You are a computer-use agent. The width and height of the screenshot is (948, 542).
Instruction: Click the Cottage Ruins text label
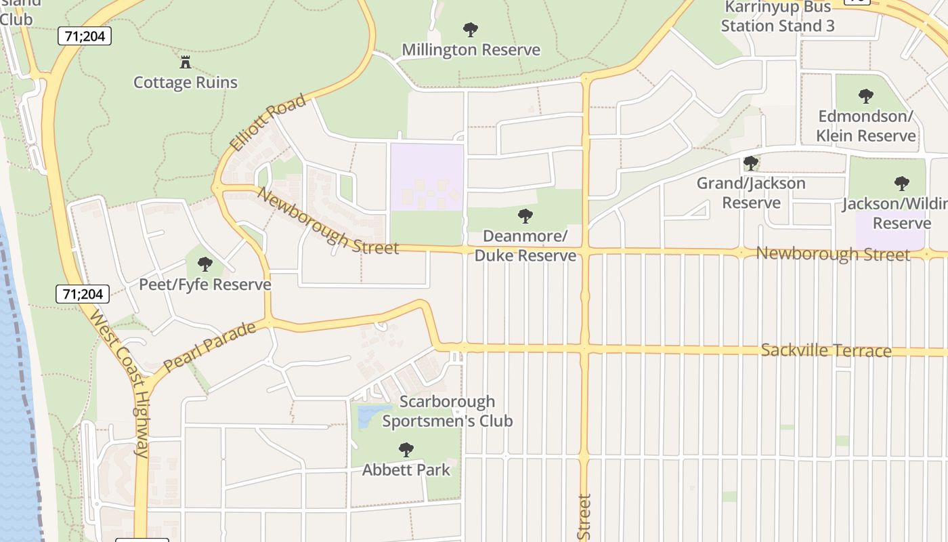186,83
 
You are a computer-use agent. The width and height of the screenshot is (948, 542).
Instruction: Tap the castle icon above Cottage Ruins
185,63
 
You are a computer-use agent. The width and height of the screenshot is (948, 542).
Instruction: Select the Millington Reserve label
471,50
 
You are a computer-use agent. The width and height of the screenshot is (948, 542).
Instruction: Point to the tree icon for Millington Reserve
470,30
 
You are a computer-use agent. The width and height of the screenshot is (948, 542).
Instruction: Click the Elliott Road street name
267,124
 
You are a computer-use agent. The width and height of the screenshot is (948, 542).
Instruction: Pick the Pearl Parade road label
210,346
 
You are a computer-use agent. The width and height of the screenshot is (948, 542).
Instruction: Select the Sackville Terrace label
825,350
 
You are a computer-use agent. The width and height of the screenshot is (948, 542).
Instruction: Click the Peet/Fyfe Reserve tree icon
204,264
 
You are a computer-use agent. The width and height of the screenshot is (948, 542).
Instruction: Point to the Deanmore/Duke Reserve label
525,246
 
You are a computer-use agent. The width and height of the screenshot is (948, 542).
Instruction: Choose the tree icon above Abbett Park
406,449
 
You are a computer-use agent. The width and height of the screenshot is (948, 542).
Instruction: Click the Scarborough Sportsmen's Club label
447,411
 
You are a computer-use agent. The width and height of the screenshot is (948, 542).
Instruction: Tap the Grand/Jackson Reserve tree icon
750,163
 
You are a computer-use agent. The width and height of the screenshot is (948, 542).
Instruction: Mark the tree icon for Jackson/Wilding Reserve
901,183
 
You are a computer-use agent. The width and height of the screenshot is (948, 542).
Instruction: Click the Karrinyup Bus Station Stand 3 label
777,17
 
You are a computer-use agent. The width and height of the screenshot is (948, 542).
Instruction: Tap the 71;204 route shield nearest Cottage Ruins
85,36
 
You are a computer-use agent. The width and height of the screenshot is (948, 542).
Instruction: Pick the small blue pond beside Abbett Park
366,415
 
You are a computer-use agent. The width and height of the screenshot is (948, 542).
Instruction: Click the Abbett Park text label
406,470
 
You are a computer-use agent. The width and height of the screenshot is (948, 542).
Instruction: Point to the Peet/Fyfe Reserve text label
204,285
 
